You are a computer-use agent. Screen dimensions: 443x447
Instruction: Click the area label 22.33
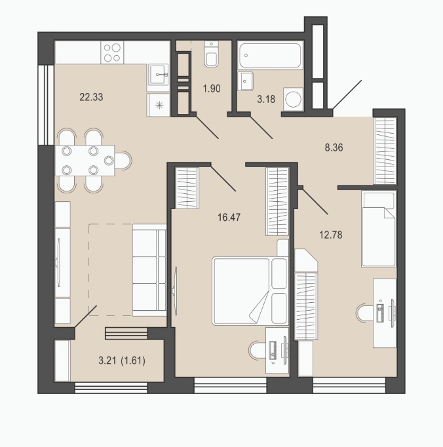coord(91,97)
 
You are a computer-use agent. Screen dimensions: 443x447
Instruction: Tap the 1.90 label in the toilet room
coord(212,88)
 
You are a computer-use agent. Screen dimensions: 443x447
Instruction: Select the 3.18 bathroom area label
coord(266,99)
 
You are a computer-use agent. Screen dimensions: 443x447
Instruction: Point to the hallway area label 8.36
coord(334,147)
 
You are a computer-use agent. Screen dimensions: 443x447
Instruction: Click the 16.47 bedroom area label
coord(229,218)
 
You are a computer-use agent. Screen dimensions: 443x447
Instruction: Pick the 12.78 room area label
coord(331,235)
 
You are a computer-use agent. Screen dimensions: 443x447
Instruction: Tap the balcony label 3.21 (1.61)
coord(122,360)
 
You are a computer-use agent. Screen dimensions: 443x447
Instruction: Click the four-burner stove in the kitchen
coord(112,52)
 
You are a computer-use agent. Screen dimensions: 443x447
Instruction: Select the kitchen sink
coord(159,75)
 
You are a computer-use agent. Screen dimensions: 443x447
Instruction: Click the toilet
coord(212,54)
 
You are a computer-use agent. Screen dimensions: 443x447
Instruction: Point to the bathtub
coord(270,55)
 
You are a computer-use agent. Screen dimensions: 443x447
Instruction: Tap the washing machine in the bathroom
coord(293,99)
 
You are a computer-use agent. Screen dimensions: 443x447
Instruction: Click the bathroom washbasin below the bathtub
coord(246,81)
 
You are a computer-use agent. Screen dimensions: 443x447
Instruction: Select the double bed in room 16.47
coord(250,292)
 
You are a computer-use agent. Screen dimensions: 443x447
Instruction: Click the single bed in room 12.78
coord(379,229)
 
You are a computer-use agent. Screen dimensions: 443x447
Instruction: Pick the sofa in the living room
coord(149,270)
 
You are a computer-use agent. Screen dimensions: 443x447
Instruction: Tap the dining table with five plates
coord(85,161)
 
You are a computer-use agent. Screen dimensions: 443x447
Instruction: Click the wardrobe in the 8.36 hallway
coord(385,151)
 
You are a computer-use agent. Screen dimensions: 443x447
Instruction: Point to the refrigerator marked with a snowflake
coord(159,105)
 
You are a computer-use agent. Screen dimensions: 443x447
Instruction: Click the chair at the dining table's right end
coord(123,161)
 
